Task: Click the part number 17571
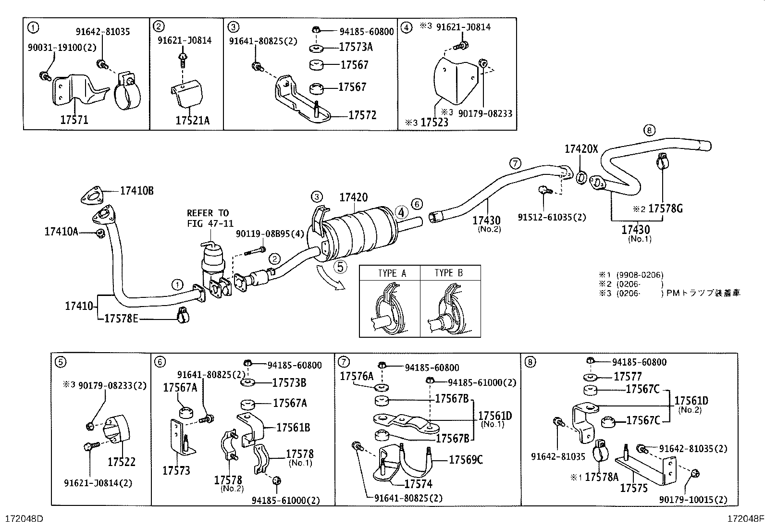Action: (x=74, y=120)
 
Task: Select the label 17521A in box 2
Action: (x=192, y=120)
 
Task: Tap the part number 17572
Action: (x=362, y=115)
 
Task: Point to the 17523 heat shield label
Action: (x=434, y=122)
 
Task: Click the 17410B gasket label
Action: (x=136, y=191)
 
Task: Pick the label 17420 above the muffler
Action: (x=353, y=197)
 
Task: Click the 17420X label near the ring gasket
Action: (x=581, y=149)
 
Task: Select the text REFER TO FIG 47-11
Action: (x=208, y=218)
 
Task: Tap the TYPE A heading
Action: (x=392, y=273)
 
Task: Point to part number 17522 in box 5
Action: (x=122, y=462)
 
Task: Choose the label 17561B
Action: (x=293, y=428)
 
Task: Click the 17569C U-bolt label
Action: (x=466, y=460)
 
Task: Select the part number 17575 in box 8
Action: (x=634, y=489)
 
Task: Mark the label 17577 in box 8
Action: (x=628, y=377)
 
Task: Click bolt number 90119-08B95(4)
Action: (x=270, y=234)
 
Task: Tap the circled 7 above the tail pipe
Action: (x=515, y=164)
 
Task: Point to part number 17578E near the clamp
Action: (x=121, y=319)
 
